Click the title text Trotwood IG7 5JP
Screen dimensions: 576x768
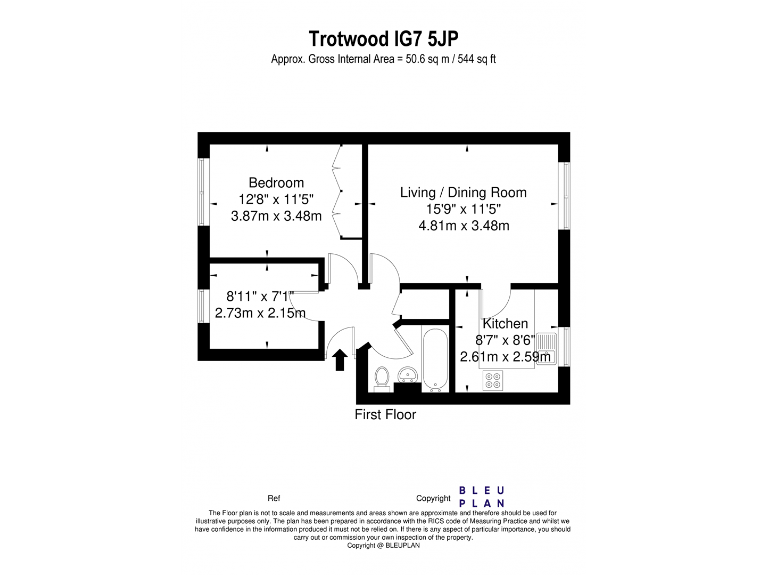(384, 39)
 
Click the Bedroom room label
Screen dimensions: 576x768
(276, 183)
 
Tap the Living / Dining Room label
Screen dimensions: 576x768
(463, 192)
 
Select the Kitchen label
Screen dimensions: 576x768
(506, 324)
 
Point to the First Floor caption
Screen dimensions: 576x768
(385, 414)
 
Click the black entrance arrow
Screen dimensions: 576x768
(340, 359)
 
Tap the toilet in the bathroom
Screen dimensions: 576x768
(380, 377)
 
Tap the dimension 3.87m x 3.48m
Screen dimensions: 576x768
(276, 216)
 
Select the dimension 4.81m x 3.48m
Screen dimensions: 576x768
(463, 225)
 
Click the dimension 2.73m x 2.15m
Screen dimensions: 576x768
(260, 313)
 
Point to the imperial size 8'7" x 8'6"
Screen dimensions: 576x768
(505, 340)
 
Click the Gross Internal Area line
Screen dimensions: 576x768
(384, 60)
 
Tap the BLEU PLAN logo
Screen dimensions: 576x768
(481, 496)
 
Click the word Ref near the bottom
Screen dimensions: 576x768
(274, 497)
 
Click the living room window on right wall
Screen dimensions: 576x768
(565, 194)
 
